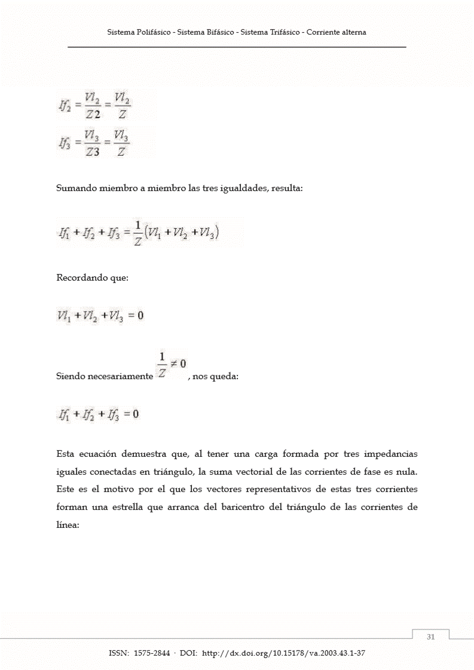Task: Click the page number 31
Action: point(431,637)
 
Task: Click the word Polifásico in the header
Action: point(151,32)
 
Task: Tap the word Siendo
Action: point(69,377)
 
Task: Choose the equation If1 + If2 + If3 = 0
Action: point(99,414)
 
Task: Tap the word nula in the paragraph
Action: point(406,472)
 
